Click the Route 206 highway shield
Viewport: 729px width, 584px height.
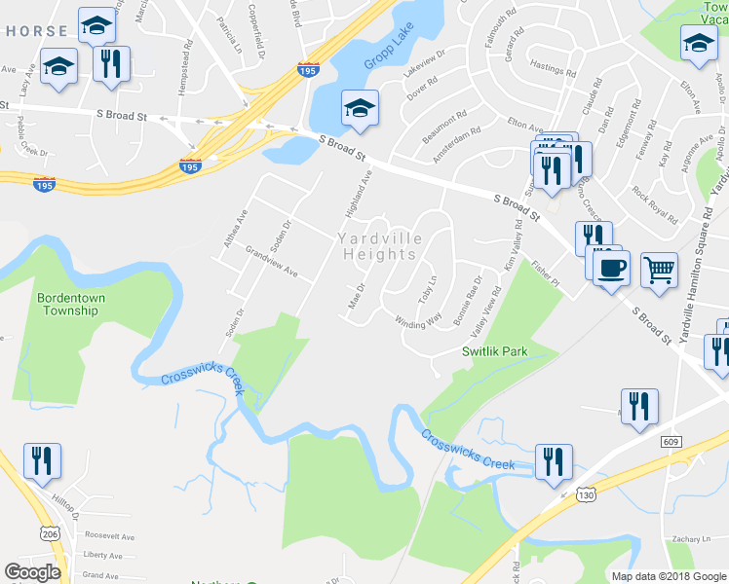click(x=51, y=531)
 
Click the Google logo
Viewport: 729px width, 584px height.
click(x=32, y=572)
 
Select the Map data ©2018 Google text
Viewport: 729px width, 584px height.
click(x=669, y=576)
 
